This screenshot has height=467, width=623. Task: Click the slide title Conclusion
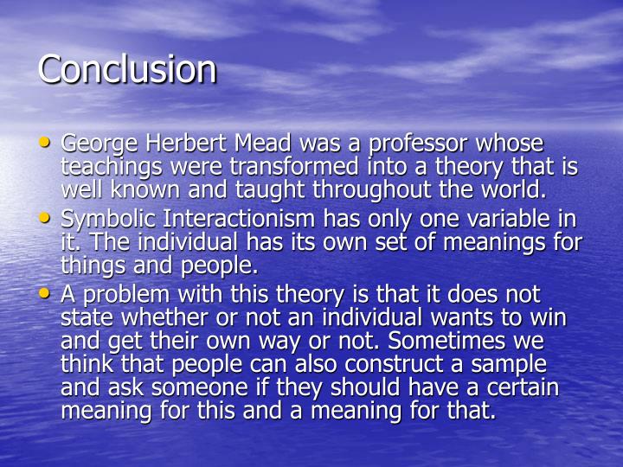click(x=126, y=69)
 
